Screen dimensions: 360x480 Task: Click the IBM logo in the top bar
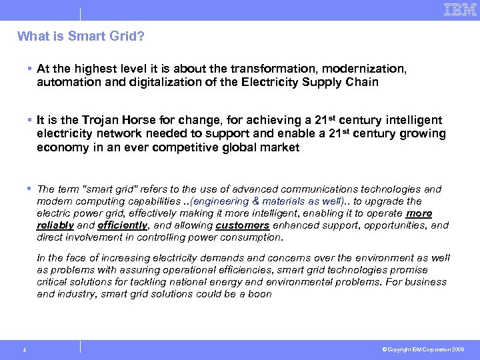point(460,9)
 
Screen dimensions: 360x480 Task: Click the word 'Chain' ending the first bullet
point(364,83)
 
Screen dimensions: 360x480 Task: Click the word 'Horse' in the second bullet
point(141,120)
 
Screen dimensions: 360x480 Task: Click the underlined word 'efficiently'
point(121,225)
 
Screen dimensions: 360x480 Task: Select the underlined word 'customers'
point(242,225)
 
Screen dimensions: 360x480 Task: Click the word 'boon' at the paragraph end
point(259,293)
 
